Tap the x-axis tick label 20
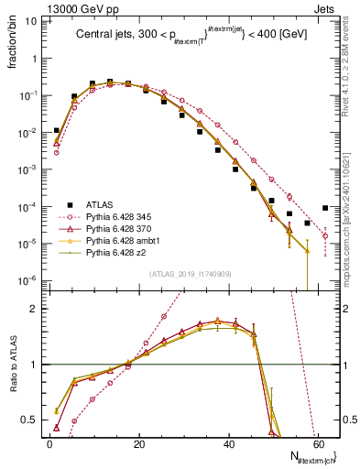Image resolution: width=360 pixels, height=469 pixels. coord(138,444)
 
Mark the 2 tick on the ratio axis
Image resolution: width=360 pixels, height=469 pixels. coord(36,309)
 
